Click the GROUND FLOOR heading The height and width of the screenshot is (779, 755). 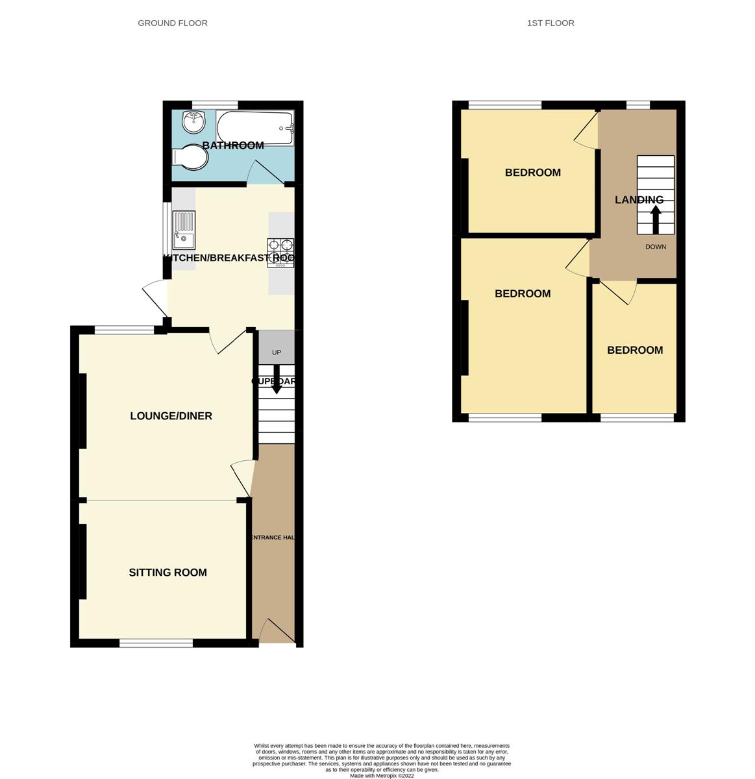(173, 23)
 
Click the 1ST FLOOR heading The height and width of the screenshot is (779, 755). (551, 23)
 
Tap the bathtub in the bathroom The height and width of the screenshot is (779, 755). (254, 128)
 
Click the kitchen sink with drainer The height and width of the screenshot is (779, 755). (184, 231)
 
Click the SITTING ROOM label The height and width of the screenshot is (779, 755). (167, 573)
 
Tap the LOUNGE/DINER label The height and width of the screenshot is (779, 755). (171, 416)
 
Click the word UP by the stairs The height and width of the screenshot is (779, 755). (277, 352)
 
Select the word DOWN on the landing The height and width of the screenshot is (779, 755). (656, 247)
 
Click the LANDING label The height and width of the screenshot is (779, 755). (639, 200)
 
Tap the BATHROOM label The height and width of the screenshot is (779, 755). (233, 145)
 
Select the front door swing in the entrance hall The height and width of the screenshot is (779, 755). (276, 631)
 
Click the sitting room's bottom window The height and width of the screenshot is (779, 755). (156, 643)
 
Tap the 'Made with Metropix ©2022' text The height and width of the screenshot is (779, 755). (382, 775)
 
